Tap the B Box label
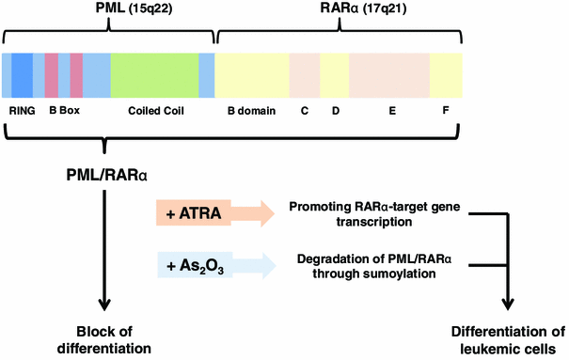pos(65,110)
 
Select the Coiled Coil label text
pos(155,110)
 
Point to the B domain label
pos(251,110)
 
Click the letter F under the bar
pos(445,110)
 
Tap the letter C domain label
pos(304,110)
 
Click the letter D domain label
pos(334,110)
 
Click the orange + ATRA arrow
pos(211,215)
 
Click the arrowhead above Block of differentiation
pos(103,305)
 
